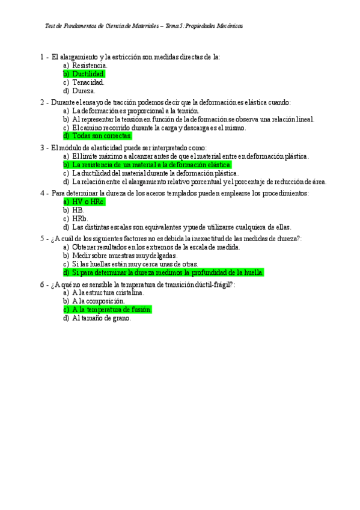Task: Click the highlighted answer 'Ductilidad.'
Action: [88, 74]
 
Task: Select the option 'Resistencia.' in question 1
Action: [90, 65]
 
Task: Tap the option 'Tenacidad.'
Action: [88, 82]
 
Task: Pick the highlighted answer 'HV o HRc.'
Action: [88, 202]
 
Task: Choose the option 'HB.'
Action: [78, 210]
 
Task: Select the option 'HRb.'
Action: [80, 219]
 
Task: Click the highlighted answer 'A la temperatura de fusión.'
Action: [112, 310]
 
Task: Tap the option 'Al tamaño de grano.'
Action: [101, 318]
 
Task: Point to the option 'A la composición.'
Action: [99, 301]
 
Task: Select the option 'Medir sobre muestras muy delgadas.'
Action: [124, 255]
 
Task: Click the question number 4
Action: [42, 193]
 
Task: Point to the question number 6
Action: [42, 284]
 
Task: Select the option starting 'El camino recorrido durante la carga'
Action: [159, 127]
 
